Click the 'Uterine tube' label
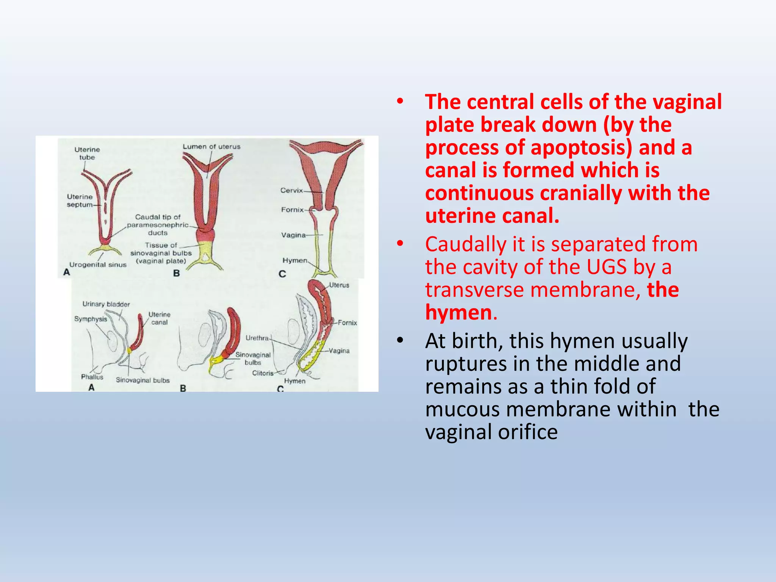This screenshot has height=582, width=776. [x=87, y=153]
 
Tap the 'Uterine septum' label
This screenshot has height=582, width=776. [x=80, y=201]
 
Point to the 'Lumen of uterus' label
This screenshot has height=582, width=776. [x=211, y=147]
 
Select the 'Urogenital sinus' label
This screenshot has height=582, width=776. [x=98, y=265]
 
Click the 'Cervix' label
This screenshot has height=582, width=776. [x=291, y=190]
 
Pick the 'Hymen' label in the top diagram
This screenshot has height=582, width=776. [x=294, y=260]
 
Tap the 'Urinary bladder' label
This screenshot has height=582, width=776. [x=106, y=304]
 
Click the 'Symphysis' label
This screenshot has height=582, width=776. [x=91, y=319]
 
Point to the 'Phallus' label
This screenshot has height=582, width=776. [x=92, y=377]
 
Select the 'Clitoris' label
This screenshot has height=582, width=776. [x=263, y=373]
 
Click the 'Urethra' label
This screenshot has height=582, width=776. [x=257, y=338]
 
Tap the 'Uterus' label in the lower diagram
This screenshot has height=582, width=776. [x=339, y=285]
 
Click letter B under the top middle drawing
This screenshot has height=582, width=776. [x=176, y=273]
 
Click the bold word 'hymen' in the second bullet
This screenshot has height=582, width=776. [x=458, y=313]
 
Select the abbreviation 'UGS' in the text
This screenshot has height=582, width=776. [x=606, y=267]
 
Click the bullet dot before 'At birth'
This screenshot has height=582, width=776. [x=400, y=341]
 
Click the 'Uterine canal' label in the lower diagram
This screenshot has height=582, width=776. [x=159, y=318]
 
